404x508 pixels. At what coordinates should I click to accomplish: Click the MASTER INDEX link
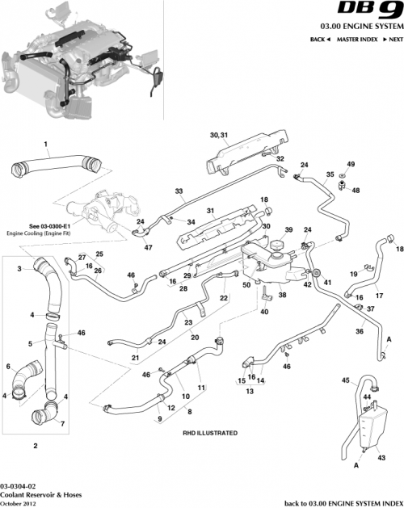(x=357, y=40)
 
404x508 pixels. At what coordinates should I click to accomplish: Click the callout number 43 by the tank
(x=383, y=456)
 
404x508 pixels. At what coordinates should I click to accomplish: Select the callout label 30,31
(x=220, y=134)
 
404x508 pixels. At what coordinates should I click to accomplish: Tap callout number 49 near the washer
(x=350, y=164)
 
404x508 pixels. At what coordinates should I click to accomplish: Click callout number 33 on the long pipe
(x=179, y=191)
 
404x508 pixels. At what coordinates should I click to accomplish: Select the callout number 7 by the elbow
(x=63, y=423)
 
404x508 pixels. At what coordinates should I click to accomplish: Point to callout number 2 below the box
(x=35, y=445)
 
